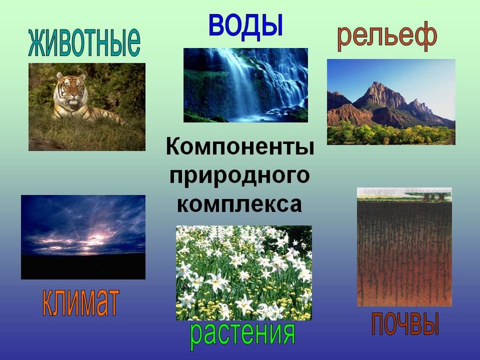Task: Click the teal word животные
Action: [x=84, y=42]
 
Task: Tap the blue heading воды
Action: [x=245, y=26]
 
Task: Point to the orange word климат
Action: [x=80, y=303]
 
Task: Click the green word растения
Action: [x=242, y=335]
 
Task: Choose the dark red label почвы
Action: [x=405, y=324]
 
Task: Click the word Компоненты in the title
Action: [x=240, y=147]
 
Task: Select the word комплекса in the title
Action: [x=239, y=204]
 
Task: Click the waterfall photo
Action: [x=245, y=85]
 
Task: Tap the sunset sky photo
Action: [x=83, y=237]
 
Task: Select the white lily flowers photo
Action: [x=244, y=273]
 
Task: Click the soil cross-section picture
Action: [x=404, y=247]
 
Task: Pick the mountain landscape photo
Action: [x=391, y=102]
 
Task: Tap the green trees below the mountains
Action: [x=391, y=132]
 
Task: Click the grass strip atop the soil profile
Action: [x=404, y=198]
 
